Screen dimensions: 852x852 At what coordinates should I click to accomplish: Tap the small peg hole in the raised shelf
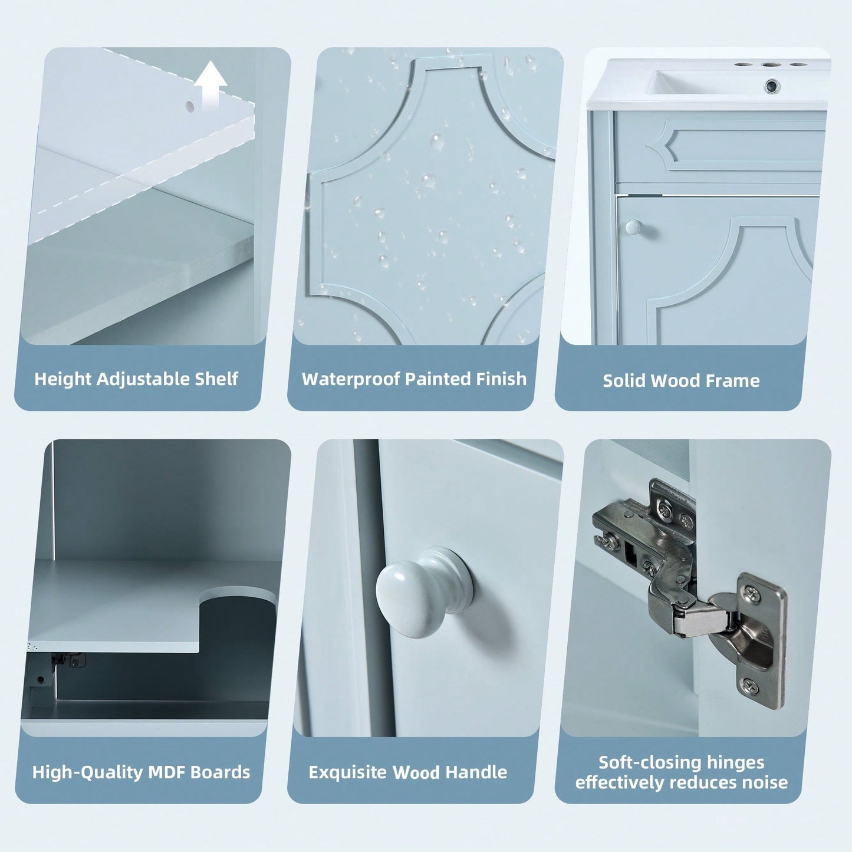pos(190,106)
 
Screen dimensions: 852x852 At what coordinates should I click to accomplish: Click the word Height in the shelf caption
pos(63,379)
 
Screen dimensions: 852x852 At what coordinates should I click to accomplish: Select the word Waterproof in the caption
pos(351,379)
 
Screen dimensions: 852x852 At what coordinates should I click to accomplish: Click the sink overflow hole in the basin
pos(772,85)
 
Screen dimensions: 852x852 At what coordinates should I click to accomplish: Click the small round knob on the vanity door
pos(633,227)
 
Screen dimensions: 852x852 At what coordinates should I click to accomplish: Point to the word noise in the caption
pos(765,782)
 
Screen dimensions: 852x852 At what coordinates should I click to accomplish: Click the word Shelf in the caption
pos(216,379)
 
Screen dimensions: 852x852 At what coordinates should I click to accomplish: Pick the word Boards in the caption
pos(220,772)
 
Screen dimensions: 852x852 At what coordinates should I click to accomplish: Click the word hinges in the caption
pos(735,763)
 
